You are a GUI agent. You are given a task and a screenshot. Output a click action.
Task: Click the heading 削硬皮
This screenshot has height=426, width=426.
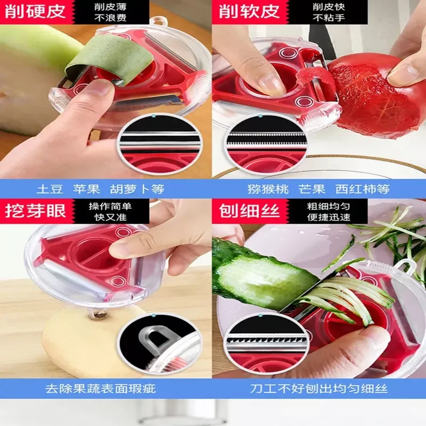coord(35,11)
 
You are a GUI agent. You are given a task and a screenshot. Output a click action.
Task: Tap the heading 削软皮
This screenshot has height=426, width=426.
coord(249,11)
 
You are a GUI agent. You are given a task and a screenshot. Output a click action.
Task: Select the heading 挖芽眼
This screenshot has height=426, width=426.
coord(35,211)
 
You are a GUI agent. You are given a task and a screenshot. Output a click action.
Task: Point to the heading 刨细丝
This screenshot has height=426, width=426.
coord(249,211)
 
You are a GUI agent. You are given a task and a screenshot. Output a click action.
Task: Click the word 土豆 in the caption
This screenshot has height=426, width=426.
coord(50,189)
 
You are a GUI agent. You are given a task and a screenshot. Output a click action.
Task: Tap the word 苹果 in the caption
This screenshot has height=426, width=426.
coord(86,189)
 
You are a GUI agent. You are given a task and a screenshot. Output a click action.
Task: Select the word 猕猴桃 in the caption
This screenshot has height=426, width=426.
coord(268,189)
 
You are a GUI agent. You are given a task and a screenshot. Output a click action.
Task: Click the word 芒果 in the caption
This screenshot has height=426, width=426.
coord(312,189)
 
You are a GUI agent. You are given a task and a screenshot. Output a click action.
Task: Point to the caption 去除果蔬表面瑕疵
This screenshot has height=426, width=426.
coord(101,389)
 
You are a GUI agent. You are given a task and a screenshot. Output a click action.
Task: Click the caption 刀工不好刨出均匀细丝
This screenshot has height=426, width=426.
coord(318,389)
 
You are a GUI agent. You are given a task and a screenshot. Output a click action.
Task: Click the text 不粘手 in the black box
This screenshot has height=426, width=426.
coord(329,18)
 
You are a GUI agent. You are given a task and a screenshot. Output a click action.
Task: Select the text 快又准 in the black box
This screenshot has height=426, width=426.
coord(110,217)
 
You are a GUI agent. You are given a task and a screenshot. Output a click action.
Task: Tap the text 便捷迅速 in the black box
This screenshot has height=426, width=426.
coord(329,217)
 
